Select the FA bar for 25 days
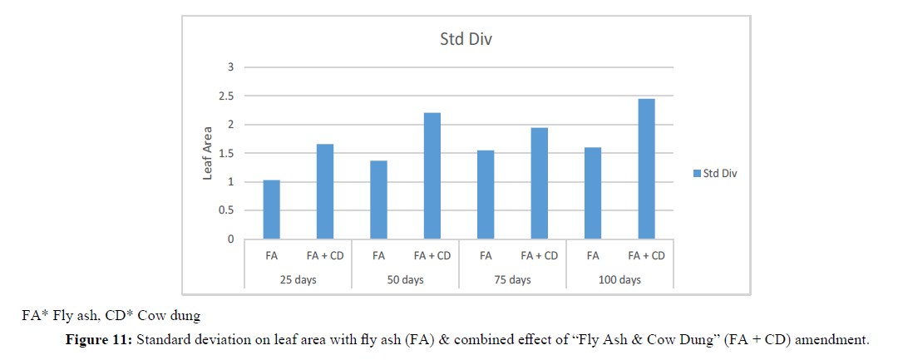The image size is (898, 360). [271, 210]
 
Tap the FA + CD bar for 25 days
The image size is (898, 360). [324, 192]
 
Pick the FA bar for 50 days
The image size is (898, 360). [378, 200]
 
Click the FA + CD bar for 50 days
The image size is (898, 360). [432, 176]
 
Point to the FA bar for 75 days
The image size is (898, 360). [486, 195]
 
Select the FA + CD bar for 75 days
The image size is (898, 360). [539, 184]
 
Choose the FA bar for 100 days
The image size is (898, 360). [593, 194]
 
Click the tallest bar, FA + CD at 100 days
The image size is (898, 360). [646, 170]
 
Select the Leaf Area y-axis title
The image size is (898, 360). [208, 154]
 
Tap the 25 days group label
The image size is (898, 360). [298, 279]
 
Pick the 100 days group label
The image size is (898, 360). [619, 279]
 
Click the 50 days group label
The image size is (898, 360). [405, 279]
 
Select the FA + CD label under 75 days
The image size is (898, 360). [539, 256]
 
